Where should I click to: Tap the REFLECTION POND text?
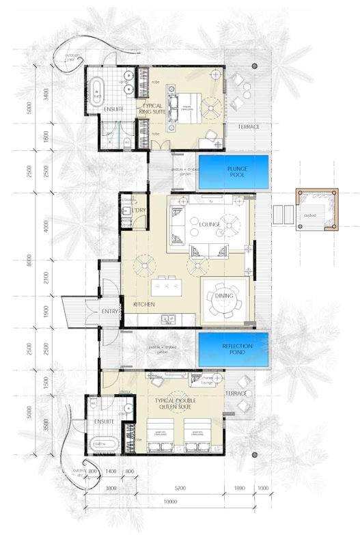(x=237, y=350)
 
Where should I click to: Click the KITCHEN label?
(x=144, y=303)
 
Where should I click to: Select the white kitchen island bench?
(x=167, y=284)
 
